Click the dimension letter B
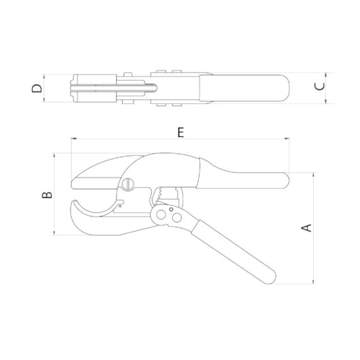point(47,193)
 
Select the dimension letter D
point(37,88)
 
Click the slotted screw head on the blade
point(128,185)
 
